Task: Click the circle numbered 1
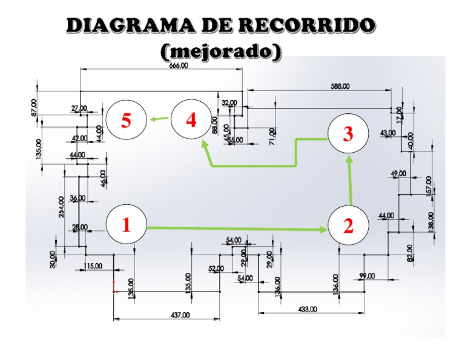(x=127, y=225)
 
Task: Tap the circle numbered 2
(x=348, y=226)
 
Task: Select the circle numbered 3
(x=348, y=134)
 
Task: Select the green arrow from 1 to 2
(x=236, y=228)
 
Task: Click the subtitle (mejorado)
(x=221, y=52)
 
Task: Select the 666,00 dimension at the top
(x=178, y=66)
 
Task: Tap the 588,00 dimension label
(x=340, y=87)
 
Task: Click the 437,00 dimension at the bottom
(x=179, y=315)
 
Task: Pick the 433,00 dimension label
(x=307, y=310)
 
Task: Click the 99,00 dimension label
(x=367, y=276)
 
